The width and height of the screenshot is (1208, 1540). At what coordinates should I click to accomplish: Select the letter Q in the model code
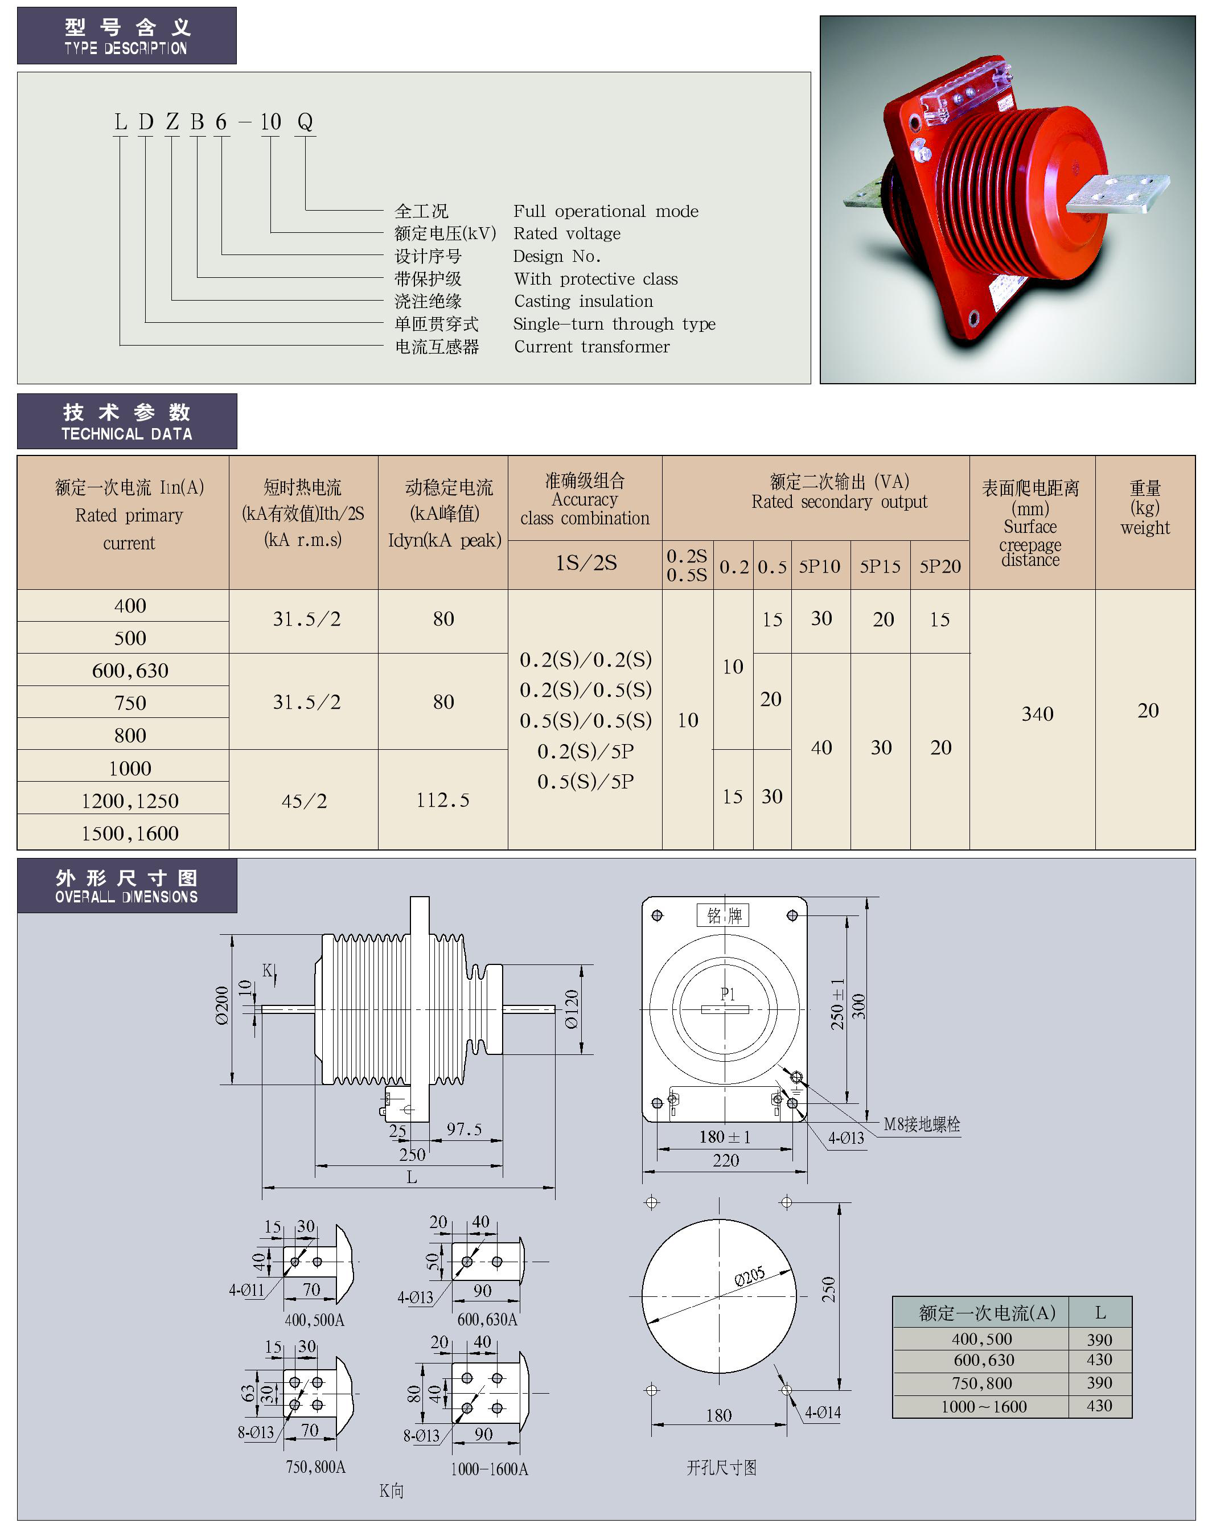(x=305, y=122)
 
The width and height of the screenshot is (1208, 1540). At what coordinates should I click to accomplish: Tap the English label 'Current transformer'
(x=591, y=347)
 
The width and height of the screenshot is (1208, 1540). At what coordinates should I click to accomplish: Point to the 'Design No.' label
(x=557, y=256)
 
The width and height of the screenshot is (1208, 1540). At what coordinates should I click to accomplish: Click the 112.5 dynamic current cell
(x=443, y=800)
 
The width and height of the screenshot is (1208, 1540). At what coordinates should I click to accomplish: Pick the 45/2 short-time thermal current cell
(x=304, y=801)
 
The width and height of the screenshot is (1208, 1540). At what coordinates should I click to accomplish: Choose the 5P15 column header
(x=880, y=566)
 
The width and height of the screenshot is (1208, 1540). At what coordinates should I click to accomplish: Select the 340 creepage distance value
(x=1037, y=714)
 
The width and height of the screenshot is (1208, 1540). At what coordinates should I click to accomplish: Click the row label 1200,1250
(x=130, y=801)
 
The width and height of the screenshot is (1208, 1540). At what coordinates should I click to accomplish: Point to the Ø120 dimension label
(x=572, y=1009)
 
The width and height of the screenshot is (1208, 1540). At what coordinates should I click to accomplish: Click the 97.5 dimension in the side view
(x=464, y=1129)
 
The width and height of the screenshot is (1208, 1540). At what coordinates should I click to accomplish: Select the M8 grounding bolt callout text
(x=922, y=1124)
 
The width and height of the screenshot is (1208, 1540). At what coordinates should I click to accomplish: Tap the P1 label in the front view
(x=728, y=994)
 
